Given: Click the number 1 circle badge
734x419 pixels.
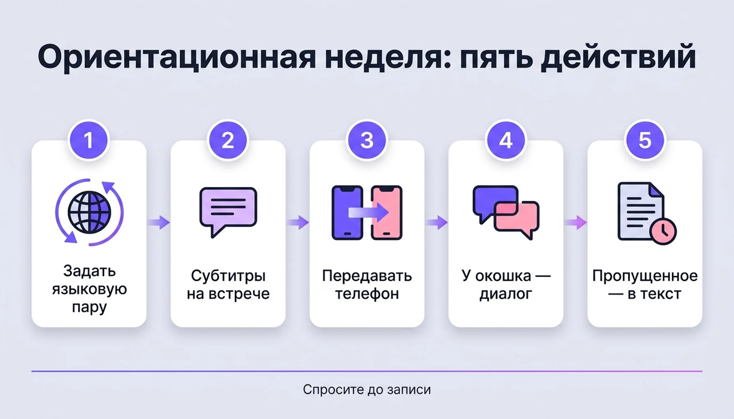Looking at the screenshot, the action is pos(89,140).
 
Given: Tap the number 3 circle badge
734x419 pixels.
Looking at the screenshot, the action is pos(367,140).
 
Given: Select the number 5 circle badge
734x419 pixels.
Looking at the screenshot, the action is pos(645,140).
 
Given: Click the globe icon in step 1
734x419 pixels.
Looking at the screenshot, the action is pos(89,212).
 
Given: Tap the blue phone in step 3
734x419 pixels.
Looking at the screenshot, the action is pos(347,212).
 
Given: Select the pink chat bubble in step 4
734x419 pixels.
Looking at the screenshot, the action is pos(517,220).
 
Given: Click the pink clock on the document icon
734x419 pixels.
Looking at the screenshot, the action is pos(663,231).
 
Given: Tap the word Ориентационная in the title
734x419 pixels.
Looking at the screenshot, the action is pos(177,57).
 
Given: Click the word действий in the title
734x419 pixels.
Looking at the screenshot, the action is pos(618,56).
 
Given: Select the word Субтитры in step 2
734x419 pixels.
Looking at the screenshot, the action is pos(228,276).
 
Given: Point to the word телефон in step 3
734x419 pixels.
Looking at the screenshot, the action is pos(367,294).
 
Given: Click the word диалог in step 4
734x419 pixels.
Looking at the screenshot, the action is pos(505,294).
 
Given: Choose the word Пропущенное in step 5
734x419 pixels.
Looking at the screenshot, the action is pos(645,276).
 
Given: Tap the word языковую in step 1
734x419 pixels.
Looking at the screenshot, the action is pos(89,290).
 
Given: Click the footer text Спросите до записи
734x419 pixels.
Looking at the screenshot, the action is pos(367,390).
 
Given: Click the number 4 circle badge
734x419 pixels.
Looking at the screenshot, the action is pos(506,140).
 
